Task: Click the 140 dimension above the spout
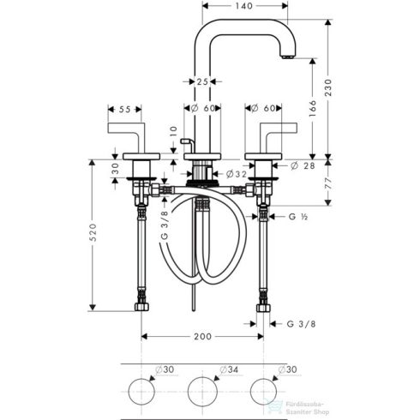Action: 245,5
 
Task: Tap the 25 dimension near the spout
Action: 201,81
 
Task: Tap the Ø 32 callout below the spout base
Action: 236,174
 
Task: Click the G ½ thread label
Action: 296,219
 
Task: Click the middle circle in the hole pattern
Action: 202,391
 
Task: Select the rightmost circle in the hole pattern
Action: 263,391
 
